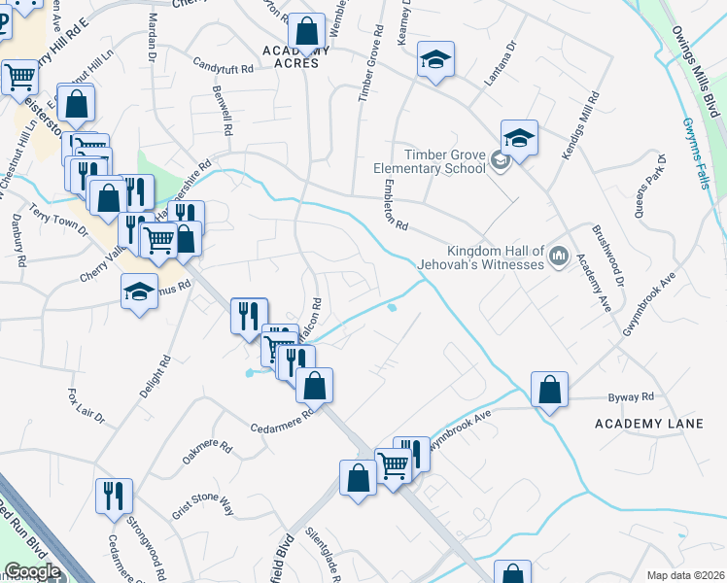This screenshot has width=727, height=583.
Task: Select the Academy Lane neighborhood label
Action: coord(647,424)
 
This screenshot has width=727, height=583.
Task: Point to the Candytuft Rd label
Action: coord(223,69)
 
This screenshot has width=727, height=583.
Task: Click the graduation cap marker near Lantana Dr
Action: coord(435,60)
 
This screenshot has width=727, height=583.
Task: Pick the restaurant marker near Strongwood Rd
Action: coord(114,496)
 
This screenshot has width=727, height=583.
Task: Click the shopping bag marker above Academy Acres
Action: coord(307,32)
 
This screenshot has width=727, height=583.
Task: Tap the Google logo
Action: coord(32,571)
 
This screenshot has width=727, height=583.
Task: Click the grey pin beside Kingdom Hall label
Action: coord(559,257)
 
